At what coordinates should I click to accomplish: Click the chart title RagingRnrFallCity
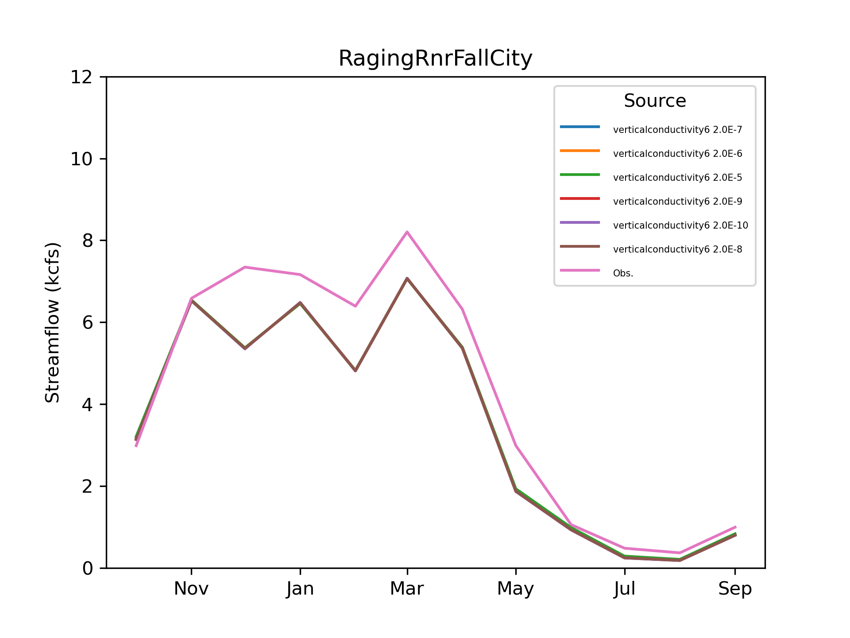[435, 58]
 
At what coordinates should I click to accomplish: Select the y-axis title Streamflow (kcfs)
[52, 323]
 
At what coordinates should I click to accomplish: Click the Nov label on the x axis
[191, 589]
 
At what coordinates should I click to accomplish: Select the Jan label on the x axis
[300, 589]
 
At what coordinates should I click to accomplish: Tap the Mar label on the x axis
[407, 589]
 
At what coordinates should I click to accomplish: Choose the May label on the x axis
[516, 589]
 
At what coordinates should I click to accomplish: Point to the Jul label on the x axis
[625, 589]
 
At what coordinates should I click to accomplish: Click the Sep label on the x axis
[735, 589]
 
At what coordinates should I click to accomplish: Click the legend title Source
[655, 101]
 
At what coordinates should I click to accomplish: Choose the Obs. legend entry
[623, 273]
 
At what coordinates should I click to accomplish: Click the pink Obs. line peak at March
[407, 232]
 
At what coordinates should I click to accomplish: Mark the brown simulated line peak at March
[407, 278]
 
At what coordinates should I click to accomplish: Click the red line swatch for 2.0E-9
[580, 198]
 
